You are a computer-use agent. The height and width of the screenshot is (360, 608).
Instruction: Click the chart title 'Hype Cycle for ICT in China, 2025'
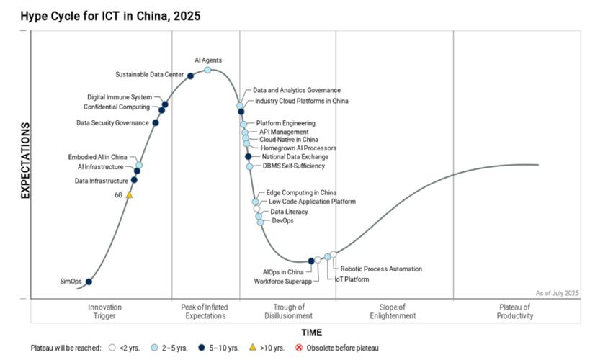coord(100,15)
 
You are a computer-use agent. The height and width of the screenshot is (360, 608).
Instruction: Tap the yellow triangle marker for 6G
coord(130,194)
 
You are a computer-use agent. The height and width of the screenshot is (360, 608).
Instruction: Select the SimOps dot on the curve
coord(89,282)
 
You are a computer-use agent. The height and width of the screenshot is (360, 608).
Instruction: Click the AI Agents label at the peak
coord(208,60)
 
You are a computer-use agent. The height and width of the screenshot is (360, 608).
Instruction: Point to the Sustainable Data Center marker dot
coord(190,76)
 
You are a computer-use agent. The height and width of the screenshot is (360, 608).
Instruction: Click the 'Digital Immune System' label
coord(120,97)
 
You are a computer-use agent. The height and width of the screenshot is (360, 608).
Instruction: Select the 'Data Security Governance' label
coord(112,123)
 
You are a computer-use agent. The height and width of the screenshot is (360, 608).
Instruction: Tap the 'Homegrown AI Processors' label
coord(298,148)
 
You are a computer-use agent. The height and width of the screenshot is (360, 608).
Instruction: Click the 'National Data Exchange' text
coord(295,157)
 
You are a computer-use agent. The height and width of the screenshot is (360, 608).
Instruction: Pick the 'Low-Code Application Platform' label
coord(312,202)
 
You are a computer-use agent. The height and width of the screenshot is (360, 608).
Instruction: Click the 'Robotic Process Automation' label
coord(381,269)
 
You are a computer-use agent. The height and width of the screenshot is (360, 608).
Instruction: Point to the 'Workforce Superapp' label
coord(282,281)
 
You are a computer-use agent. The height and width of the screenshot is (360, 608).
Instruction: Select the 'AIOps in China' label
coord(283,272)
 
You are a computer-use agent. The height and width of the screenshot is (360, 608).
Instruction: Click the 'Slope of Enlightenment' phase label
coord(393,311)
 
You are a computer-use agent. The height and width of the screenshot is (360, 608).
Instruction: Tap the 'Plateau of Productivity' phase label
coord(516,311)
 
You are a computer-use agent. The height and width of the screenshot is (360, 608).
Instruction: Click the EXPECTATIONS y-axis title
coord(25,160)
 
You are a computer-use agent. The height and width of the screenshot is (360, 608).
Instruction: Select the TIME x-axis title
coord(311,333)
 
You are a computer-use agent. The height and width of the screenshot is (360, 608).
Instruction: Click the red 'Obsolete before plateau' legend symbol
coord(299,348)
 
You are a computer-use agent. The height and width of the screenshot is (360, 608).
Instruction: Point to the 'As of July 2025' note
coord(557,293)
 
